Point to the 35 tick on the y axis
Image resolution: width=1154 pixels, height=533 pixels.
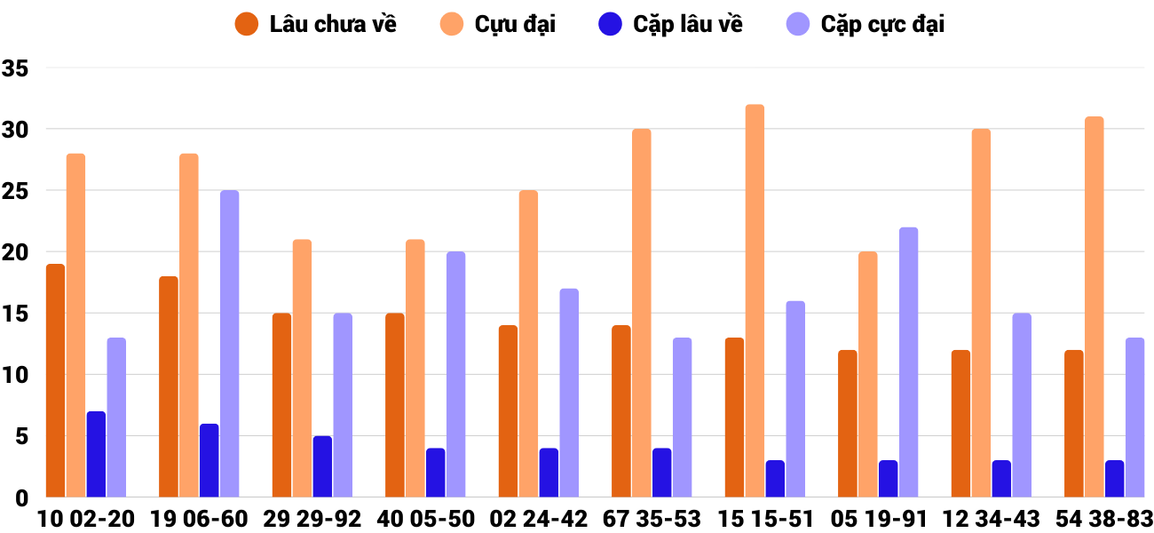coord(16,68)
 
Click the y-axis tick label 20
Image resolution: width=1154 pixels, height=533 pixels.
coord(16,252)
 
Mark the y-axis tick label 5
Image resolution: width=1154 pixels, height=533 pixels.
coord(22,436)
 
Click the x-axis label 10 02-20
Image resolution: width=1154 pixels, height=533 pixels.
coord(86,519)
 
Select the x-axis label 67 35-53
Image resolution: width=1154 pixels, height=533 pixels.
coord(652,519)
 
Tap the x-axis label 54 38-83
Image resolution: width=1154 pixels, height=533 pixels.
coord(1104,519)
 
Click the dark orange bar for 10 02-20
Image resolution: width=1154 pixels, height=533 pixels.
coord(55,380)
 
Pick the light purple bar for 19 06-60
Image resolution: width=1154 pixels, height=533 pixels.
coord(229,344)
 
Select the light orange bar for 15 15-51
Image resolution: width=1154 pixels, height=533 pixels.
coord(755,301)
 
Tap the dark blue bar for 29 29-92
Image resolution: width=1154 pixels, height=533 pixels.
coord(322,466)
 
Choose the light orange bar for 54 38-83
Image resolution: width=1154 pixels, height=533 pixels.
coord(1095,307)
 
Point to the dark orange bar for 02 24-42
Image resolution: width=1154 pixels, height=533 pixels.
coord(508,411)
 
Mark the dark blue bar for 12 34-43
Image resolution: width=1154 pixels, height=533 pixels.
coord(1001,479)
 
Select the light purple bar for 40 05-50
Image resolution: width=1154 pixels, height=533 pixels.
coord(455,374)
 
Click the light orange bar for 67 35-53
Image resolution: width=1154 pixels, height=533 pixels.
coord(642,313)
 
